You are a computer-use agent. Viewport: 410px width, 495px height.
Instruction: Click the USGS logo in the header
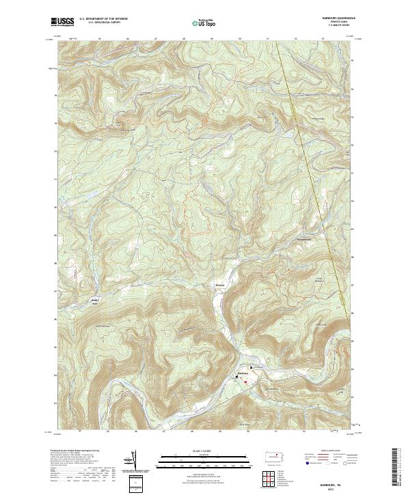(62, 23)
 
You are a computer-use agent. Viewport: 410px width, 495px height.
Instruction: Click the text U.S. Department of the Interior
(103, 20)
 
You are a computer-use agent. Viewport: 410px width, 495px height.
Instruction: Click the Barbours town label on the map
(242, 373)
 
